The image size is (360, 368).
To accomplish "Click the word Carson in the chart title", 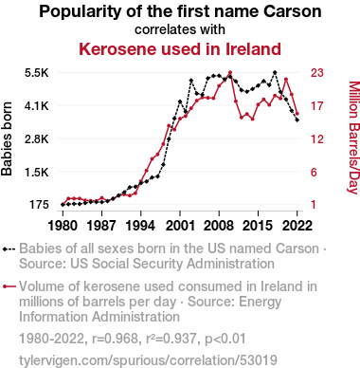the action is (x=293, y=11).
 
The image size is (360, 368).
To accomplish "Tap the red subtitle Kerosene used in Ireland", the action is (x=180, y=49).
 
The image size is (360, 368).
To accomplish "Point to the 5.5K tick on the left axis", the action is (x=37, y=73).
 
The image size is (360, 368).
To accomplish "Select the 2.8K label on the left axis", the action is (x=37, y=139).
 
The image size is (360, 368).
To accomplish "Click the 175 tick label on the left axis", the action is (x=39, y=205).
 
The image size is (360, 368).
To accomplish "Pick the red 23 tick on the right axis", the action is (x=317, y=73).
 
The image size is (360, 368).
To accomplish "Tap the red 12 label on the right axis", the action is (x=317, y=139).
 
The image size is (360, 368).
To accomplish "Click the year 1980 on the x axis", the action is (x=63, y=226).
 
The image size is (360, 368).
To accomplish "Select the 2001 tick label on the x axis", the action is (x=180, y=226).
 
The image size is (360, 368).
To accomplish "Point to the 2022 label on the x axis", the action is (x=297, y=226).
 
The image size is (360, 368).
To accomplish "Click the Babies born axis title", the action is (x=7, y=138).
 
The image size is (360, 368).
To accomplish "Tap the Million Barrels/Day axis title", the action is (x=353, y=138).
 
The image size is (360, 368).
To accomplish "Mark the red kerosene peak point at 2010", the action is (x=230, y=72).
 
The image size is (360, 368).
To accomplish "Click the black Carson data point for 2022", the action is (x=297, y=120).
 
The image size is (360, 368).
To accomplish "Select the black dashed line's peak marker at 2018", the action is (x=275, y=72).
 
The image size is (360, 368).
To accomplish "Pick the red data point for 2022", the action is (x=297, y=114).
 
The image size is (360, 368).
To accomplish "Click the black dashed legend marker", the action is (x=9, y=249).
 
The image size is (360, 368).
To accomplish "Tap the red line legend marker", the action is (x=9, y=286).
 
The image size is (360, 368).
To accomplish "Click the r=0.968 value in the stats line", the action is (x=115, y=339).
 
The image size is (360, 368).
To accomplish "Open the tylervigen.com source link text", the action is (x=148, y=360).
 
